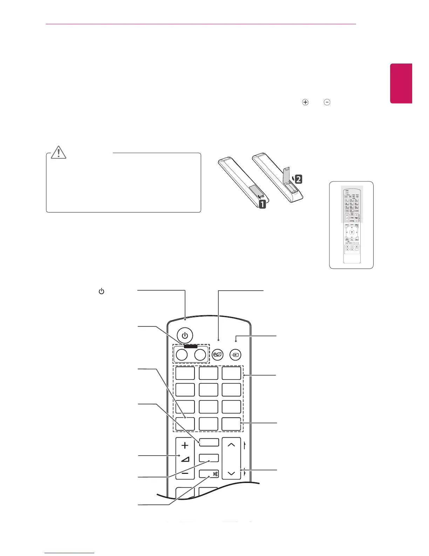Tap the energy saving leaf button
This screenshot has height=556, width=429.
(x=218, y=355)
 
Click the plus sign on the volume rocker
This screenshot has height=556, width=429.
(x=185, y=445)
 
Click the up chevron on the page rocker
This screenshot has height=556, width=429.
(x=231, y=445)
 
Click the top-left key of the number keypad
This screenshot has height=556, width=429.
(x=185, y=373)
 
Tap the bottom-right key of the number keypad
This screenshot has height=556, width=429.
(x=231, y=424)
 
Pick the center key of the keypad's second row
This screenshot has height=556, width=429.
(x=208, y=390)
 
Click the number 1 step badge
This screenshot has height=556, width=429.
(x=262, y=204)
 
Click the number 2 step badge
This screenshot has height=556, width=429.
(x=298, y=179)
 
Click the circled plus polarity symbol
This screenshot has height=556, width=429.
(x=305, y=102)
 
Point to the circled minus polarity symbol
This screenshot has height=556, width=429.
(x=327, y=102)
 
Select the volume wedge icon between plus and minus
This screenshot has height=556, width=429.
(x=185, y=459)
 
